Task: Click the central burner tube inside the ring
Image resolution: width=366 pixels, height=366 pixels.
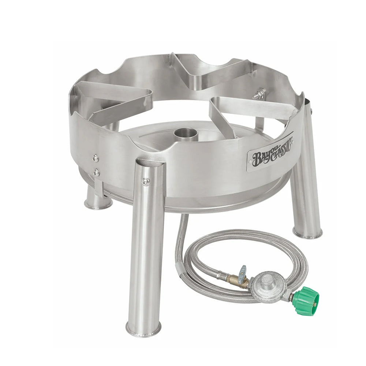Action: (186, 134)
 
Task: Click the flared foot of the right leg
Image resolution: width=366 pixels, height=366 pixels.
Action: (307, 233)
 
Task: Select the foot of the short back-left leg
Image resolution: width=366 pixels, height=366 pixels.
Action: (98, 204)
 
